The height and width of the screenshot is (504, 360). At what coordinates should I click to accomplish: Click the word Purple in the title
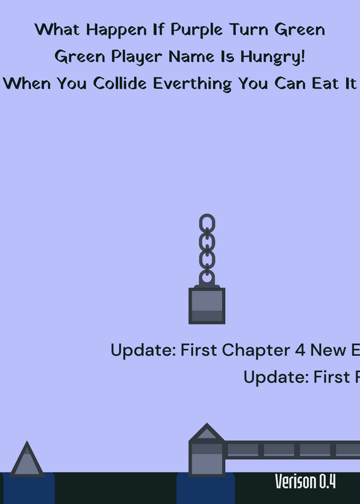(196, 30)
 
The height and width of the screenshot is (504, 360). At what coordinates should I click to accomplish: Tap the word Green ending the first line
(299, 30)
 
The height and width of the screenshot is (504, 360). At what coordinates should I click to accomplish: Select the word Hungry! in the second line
(272, 57)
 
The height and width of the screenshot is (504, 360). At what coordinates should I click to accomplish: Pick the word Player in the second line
(137, 57)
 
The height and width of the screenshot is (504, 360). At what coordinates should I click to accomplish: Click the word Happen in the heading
(117, 30)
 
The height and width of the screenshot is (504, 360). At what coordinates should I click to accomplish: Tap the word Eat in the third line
(322, 84)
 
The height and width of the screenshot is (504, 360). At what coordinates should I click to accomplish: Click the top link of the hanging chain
(207, 223)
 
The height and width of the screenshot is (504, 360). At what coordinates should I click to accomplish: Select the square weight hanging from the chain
(207, 306)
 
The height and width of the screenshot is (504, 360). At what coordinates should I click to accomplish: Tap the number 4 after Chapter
(300, 350)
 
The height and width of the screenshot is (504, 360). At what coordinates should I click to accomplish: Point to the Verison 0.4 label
(305, 481)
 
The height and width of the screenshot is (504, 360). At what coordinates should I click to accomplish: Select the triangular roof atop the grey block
(207, 432)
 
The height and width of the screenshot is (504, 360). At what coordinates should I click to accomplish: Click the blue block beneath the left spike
(28, 488)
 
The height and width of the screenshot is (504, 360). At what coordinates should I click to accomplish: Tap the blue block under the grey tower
(206, 489)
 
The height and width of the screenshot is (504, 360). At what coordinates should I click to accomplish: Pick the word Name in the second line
(192, 57)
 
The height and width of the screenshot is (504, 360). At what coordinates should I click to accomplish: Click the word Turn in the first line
(248, 30)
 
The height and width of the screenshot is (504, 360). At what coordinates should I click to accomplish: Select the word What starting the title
(57, 30)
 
